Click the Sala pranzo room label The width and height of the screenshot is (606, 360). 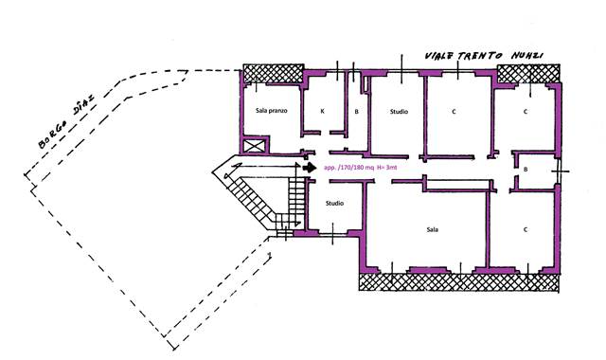coord(272,111)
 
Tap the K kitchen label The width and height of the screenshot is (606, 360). coord(322,112)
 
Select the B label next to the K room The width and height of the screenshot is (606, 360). coord(356,112)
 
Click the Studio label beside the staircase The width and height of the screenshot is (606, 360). coord(334,203)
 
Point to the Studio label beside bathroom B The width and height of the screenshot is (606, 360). coord(399,112)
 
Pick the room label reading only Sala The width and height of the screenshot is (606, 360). coord(432,229)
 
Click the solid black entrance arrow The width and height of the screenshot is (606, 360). coord(310,168)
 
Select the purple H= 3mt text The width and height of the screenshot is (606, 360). coord(387,168)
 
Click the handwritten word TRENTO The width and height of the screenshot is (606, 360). coord(480,56)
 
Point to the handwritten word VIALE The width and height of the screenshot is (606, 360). coord(441,56)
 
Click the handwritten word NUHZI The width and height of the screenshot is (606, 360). coord(527,56)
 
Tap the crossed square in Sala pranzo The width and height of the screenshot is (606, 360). coord(255,146)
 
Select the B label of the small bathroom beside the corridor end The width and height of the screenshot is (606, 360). coord(526,170)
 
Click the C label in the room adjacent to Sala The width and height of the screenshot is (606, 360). coord(526,229)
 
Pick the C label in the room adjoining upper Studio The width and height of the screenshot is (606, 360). coord(454,112)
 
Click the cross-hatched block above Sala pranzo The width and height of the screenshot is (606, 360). coord(274,74)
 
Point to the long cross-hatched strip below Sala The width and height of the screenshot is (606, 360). coord(459,282)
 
